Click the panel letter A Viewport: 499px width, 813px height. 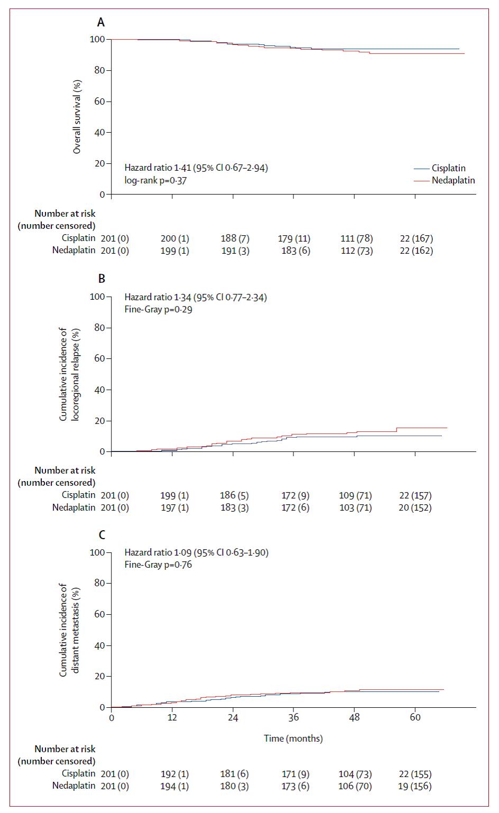tap(100, 22)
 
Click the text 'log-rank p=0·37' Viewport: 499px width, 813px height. tap(155, 180)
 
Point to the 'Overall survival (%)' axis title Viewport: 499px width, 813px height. tap(77, 117)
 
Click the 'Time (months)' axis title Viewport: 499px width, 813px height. tap(293, 738)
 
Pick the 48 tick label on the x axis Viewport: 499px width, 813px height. tap(354, 717)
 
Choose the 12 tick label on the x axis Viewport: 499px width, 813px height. tap(172, 717)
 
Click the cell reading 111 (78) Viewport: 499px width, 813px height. tap(356, 238)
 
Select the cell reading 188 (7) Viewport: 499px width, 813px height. tap(235, 238)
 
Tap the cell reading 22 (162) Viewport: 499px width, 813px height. tap(416, 251)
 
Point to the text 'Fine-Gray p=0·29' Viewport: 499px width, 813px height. tap(158, 309)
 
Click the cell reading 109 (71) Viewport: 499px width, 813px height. tap(355, 495)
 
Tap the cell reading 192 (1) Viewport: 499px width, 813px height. tap(174, 774)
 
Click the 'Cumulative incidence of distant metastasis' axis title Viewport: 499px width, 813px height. tap(69, 629)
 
